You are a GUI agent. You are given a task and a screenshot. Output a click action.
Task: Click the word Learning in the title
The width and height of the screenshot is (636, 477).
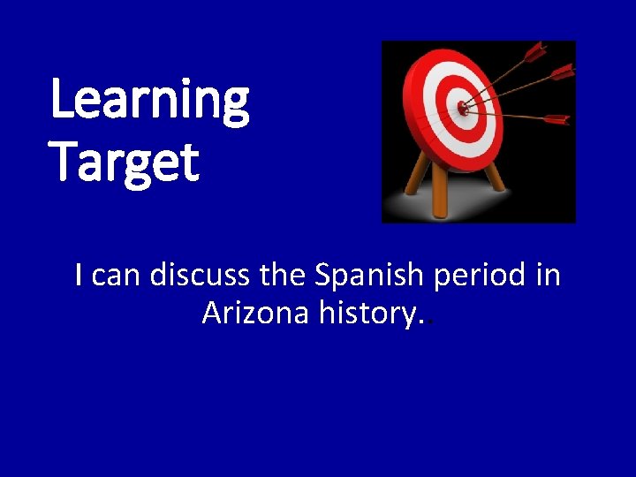150,101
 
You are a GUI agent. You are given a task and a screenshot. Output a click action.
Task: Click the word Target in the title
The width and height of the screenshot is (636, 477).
125,163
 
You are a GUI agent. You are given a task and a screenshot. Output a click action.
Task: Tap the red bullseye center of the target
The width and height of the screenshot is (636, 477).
462,108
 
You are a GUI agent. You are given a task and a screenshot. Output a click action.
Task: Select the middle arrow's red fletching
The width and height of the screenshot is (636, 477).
561,72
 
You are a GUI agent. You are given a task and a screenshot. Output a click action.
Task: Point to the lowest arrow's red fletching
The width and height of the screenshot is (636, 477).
556,118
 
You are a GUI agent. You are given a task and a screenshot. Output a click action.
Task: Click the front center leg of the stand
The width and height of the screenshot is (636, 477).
440,190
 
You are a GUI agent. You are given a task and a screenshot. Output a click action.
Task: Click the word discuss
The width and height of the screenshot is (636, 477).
201,276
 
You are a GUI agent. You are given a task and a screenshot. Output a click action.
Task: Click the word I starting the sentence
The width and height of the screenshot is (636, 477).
79,276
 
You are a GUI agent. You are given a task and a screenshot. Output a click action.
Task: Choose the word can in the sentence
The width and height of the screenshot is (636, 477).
117,276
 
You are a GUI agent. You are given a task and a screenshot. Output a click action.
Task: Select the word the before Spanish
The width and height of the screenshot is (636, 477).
283,276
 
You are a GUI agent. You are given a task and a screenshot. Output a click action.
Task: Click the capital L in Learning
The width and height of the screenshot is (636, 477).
64,99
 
